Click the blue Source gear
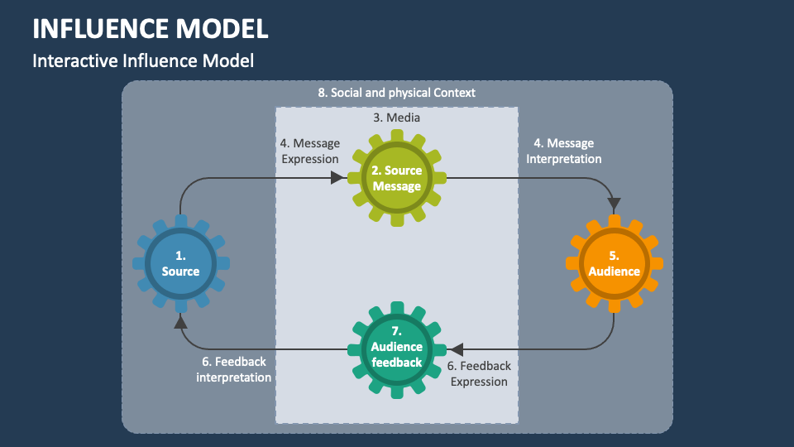pyautogui.click(x=181, y=263)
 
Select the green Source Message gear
pyautogui.click(x=397, y=178)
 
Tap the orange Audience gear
pyautogui.click(x=614, y=263)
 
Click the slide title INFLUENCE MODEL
pyautogui.click(x=150, y=28)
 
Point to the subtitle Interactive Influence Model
pyautogui.click(x=142, y=60)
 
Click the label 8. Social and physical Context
pyautogui.click(x=397, y=93)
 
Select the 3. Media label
pyautogui.click(x=397, y=118)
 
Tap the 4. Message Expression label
pyautogui.click(x=309, y=151)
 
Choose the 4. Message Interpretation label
pyautogui.click(x=563, y=151)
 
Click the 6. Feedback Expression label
pyautogui.click(x=479, y=373)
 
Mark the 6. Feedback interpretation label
pyautogui.click(x=234, y=369)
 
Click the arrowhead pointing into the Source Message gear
pyautogui.click(x=337, y=177)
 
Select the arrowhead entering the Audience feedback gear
pyautogui.click(x=456, y=348)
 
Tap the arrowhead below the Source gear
pyautogui.click(x=181, y=323)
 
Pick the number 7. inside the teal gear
pyautogui.click(x=397, y=332)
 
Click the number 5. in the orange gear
pyautogui.click(x=614, y=255)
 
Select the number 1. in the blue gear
pyautogui.click(x=181, y=255)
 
